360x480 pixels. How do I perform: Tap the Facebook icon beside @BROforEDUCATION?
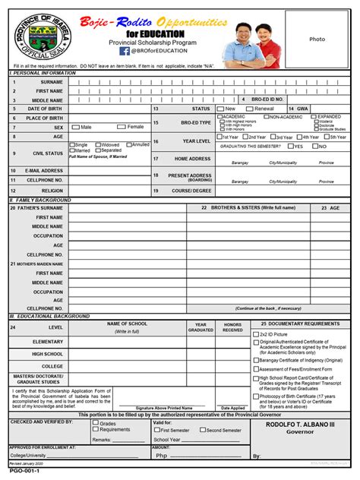(124, 51)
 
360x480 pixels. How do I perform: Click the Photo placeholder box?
(317, 39)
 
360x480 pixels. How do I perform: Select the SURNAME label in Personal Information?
(52, 81)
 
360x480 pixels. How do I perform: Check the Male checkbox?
(75, 127)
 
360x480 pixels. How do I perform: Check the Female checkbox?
(122, 127)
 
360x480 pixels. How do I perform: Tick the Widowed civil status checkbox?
(98, 144)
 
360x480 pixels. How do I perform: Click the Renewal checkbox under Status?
(250, 109)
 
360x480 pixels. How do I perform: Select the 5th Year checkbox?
(324, 137)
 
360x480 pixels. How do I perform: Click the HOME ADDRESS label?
(192, 159)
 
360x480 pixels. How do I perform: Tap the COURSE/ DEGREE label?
(192, 191)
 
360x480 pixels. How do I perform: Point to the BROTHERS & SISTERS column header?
(258, 207)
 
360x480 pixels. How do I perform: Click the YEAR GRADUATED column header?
(201, 327)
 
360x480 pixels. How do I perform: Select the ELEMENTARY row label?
(47, 342)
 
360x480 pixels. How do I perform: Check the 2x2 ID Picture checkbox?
(256, 333)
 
